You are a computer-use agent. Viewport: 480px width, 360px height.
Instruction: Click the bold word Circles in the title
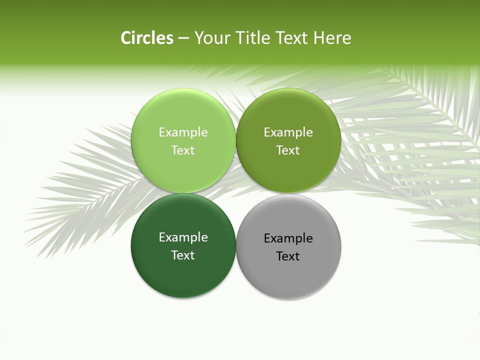coord(147,38)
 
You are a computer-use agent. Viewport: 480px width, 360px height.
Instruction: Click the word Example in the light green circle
coord(183,132)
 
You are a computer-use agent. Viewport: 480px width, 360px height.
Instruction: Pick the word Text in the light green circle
coord(183,150)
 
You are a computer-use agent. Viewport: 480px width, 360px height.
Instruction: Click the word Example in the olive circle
coord(288,132)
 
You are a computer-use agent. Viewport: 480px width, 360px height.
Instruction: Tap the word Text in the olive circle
coord(288,150)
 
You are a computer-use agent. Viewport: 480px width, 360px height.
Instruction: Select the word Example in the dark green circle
coord(183,237)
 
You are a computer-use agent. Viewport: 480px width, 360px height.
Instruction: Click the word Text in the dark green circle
coord(183,255)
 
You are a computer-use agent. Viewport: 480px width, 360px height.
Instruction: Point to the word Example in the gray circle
coord(288,238)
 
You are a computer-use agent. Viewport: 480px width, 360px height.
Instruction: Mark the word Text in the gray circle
coord(288,256)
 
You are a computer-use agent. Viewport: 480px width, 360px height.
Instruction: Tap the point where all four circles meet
coord(236,193)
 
